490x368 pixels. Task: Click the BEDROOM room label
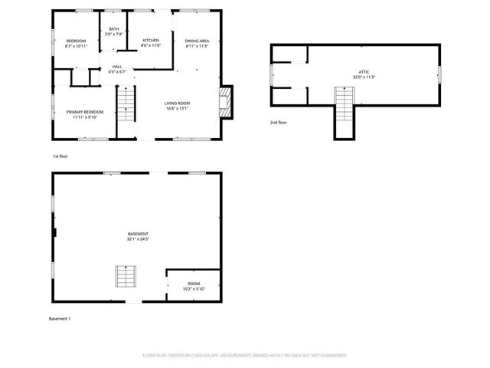(75, 41)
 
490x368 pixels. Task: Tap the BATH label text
(113, 29)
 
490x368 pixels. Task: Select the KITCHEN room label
(151, 41)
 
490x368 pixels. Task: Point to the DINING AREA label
(197, 41)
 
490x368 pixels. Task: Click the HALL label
(117, 67)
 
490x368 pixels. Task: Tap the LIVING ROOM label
(177, 103)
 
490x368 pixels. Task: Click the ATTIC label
(363, 72)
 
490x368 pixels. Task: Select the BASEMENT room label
(138, 234)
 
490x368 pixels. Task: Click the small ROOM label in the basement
(193, 283)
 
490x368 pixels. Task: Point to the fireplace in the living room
(226, 101)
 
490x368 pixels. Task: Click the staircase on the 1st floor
(125, 103)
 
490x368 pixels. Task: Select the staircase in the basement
(124, 275)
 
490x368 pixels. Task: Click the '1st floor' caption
(60, 156)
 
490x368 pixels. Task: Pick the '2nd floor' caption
(278, 123)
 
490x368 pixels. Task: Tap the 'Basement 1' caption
(60, 318)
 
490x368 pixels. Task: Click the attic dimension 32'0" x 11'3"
(363, 77)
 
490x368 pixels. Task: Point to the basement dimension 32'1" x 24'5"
(138, 239)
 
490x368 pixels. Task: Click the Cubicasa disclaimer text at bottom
(244, 355)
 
